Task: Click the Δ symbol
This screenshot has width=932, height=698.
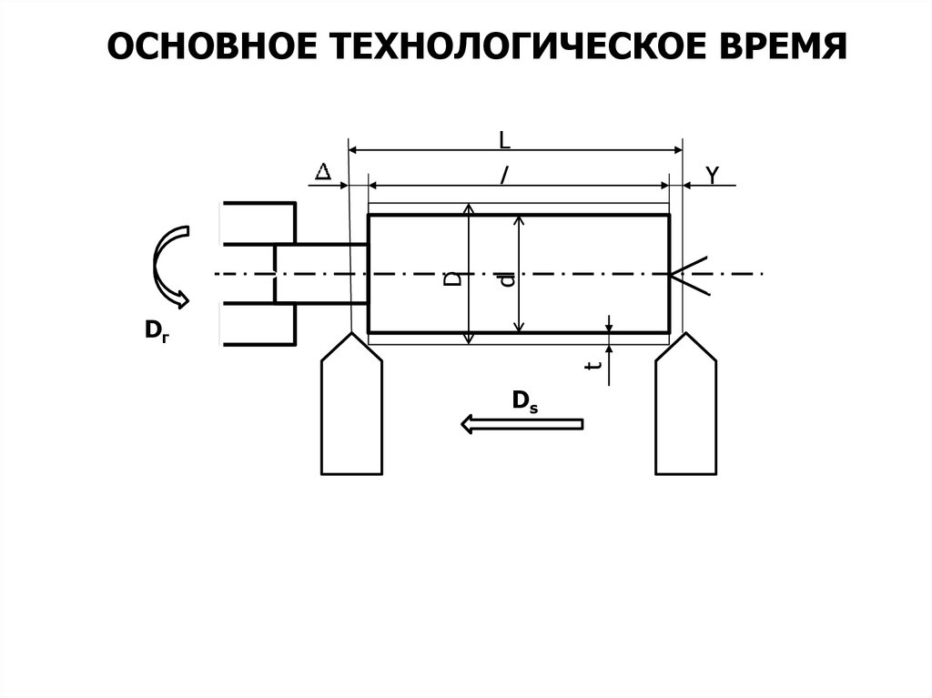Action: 322,172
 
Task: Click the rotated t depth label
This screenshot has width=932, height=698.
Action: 593,366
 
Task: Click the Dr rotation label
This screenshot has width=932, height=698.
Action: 156,332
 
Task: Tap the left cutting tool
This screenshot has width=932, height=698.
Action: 350,410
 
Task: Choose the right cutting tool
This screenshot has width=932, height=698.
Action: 685,410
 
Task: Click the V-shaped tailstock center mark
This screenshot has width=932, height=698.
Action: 686,274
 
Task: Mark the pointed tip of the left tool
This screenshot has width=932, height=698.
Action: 350,334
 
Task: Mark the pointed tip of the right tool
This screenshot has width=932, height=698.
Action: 685,334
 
